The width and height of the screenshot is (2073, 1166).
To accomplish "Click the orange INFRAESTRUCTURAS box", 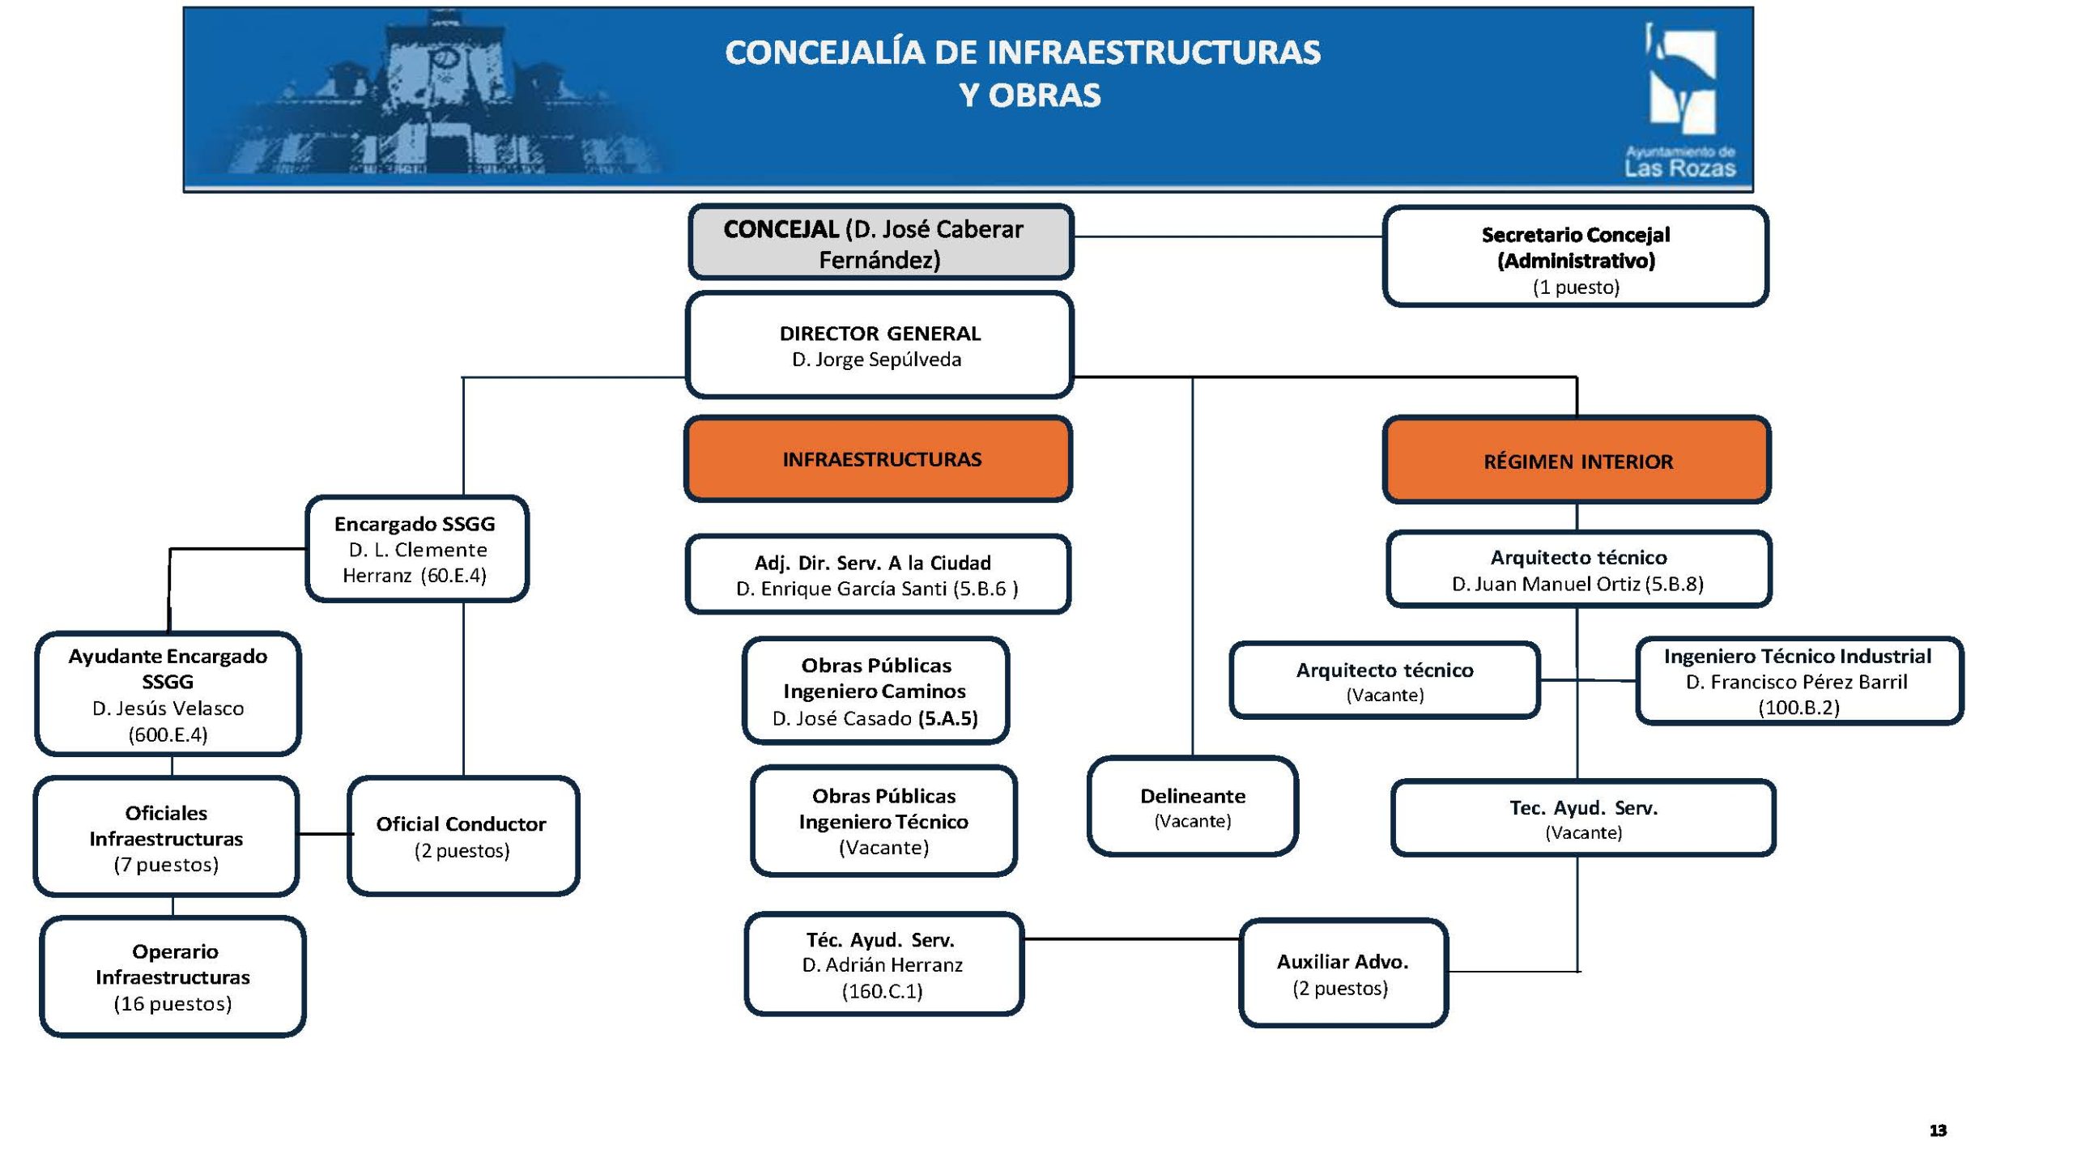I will point(879,459).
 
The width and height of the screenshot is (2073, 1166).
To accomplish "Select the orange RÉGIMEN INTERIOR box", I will point(1577,461).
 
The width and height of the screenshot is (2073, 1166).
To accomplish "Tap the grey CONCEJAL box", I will point(880,243).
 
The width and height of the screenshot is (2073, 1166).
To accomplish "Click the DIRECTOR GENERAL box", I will point(879,346).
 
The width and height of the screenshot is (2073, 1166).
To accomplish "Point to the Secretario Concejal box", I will point(1575,257).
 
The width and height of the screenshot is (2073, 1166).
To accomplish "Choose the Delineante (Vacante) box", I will point(1192,806).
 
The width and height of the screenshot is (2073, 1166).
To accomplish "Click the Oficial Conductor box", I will point(462,836).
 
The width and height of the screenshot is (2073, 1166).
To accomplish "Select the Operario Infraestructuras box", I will point(172,977).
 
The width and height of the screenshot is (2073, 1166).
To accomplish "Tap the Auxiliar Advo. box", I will point(1343,973).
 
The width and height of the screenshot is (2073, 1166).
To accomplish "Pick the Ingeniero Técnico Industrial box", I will point(1798,681).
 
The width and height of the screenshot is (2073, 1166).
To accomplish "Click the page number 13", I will point(1938,1130).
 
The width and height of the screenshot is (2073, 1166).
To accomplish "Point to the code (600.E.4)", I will point(168,734).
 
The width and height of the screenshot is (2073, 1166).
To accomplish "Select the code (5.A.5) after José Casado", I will point(948,718).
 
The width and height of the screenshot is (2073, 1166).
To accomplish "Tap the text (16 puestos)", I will point(172,1004).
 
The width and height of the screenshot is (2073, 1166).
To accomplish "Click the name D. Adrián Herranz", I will point(883,965).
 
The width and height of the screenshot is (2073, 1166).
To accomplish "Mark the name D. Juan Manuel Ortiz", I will point(1545,584).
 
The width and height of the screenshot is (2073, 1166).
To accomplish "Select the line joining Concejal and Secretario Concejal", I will point(1228,236).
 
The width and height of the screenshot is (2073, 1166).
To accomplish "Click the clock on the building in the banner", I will point(443,58).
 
